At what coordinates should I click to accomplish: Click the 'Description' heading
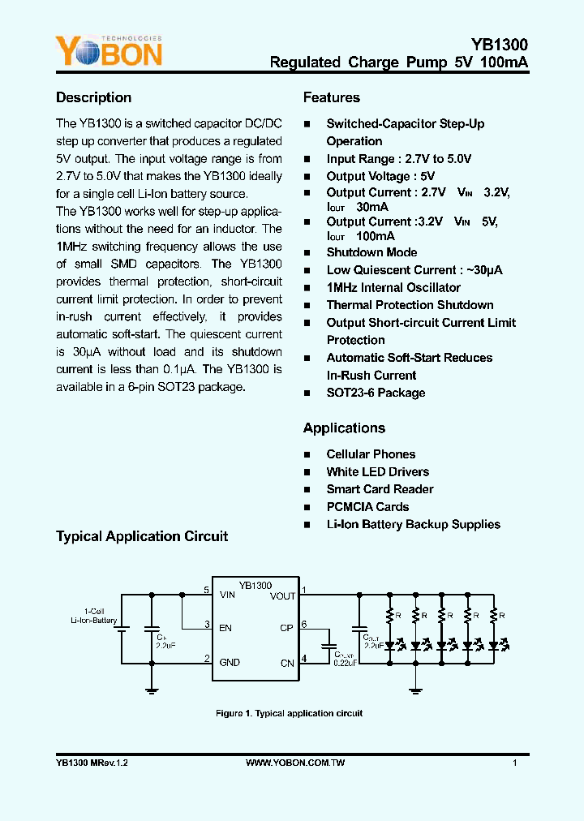pyautogui.click(x=93, y=97)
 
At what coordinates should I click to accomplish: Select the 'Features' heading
pyautogui.click(x=332, y=97)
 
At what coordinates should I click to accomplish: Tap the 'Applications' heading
pyautogui.click(x=344, y=428)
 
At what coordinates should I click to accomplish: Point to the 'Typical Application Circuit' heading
pyautogui.click(x=142, y=536)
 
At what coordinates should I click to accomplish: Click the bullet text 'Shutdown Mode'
pyautogui.click(x=371, y=252)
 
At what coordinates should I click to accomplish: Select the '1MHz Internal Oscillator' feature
pyautogui.click(x=393, y=287)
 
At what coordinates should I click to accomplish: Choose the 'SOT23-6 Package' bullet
pyautogui.click(x=376, y=393)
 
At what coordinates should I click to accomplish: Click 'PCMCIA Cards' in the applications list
pyautogui.click(x=367, y=506)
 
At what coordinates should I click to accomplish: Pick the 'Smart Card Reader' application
pyautogui.click(x=380, y=489)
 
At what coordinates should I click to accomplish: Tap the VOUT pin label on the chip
pyautogui.click(x=282, y=596)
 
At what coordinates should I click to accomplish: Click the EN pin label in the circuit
pyautogui.click(x=225, y=628)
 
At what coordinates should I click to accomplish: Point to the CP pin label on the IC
pyautogui.click(x=286, y=628)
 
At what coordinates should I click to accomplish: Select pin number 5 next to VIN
pyautogui.click(x=207, y=590)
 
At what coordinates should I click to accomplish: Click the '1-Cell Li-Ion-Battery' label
pyautogui.click(x=94, y=616)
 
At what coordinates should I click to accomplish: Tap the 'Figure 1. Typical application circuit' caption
pyautogui.click(x=289, y=713)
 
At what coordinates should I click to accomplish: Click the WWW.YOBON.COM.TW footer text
pyautogui.click(x=295, y=763)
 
